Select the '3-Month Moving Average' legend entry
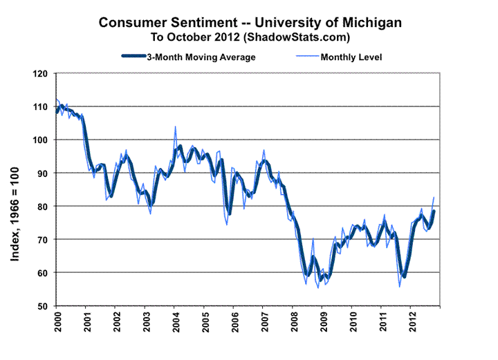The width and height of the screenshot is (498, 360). tap(200, 57)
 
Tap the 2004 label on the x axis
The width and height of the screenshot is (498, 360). tap(174, 321)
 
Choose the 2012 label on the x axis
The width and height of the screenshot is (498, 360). tap(411, 321)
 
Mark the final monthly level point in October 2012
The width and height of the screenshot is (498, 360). tap(434, 198)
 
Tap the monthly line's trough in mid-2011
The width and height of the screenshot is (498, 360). tap(399, 286)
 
